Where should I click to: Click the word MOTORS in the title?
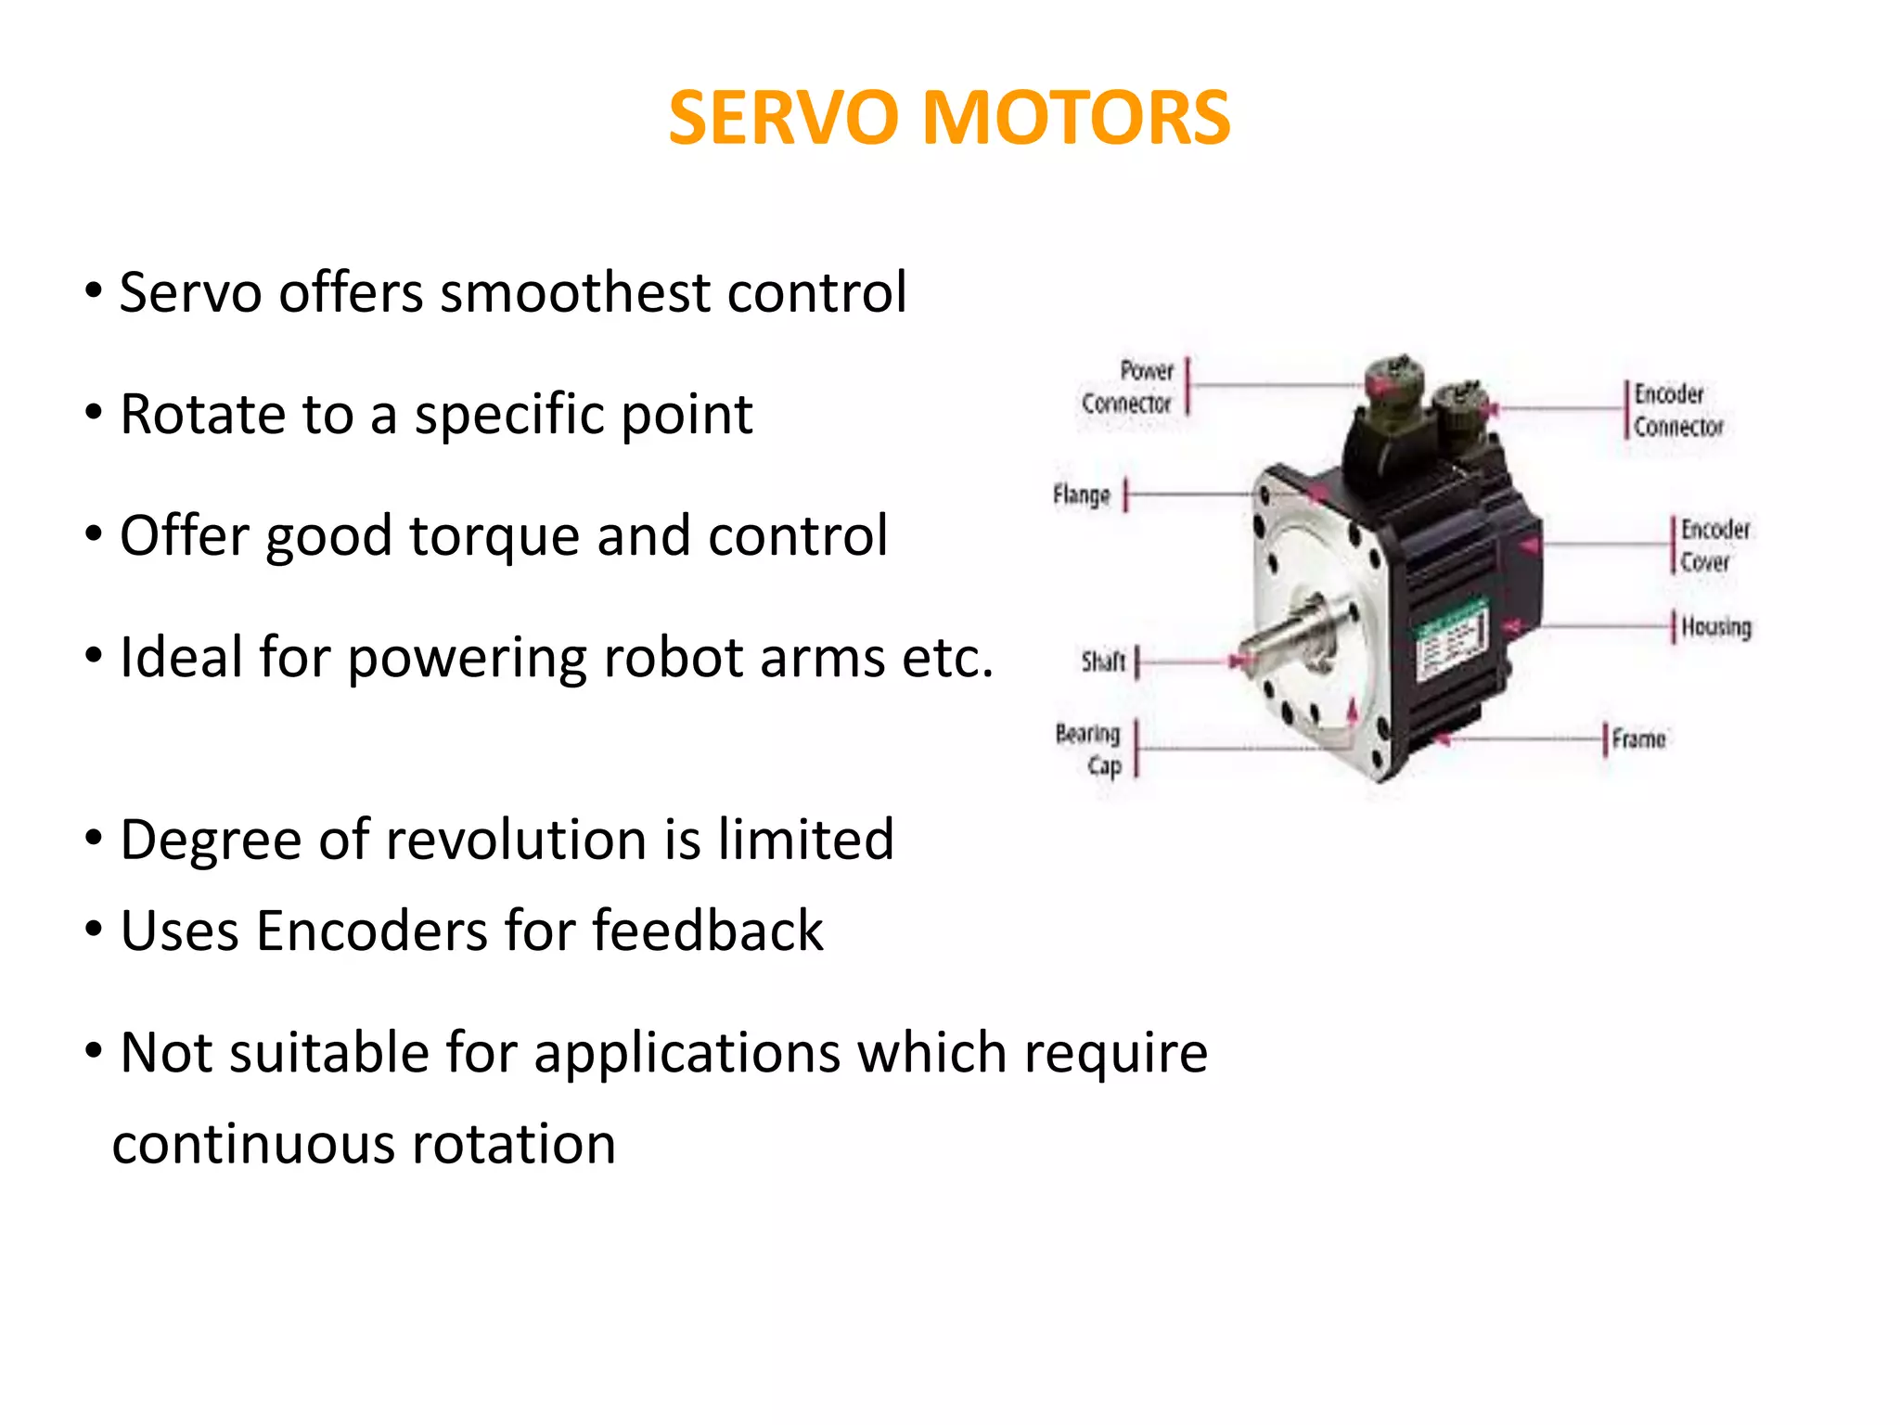point(1076,119)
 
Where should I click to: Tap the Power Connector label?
point(1129,387)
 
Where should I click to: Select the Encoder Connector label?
point(1677,410)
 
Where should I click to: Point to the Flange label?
point(1082,494)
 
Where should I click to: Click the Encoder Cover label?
point(1714,546)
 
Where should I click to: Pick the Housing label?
point(1716,627)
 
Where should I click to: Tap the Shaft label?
point(1103,661)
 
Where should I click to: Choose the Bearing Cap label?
point(1090,750)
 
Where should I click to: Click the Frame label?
point(1638,739)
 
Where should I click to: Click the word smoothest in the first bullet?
point(575,293)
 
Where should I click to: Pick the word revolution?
point(515,840)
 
